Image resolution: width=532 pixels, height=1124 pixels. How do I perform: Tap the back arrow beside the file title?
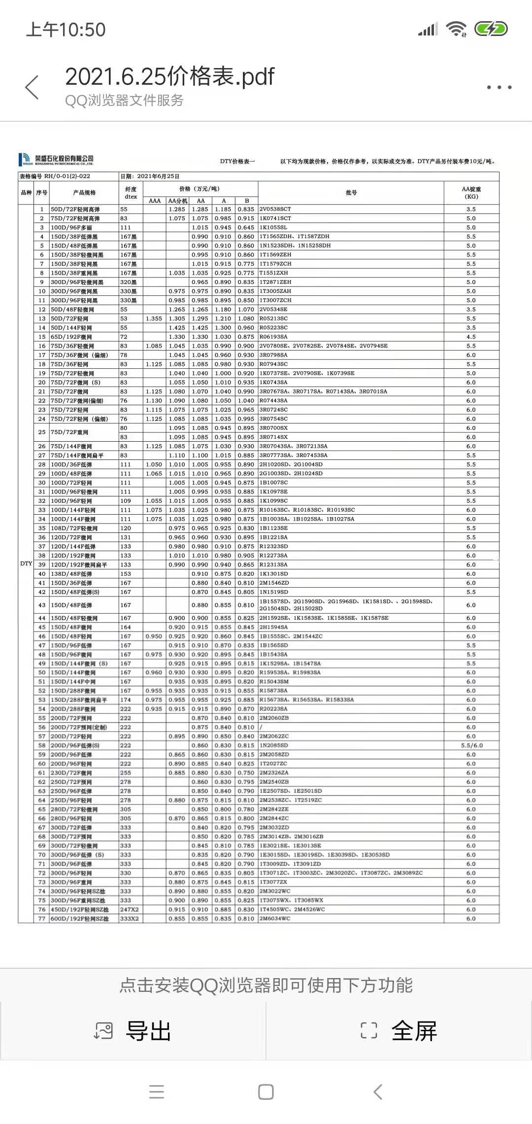click(32, 87)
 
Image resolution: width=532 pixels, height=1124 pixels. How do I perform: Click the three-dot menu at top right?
click(499, 87)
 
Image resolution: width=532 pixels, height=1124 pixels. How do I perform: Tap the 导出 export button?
click(133, 1031)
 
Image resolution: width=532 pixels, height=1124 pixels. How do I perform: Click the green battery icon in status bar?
click(491, 30)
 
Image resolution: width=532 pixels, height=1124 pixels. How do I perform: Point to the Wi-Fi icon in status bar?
click(456, 30)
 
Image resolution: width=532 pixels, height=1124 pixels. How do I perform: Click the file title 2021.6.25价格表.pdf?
click(169, 77)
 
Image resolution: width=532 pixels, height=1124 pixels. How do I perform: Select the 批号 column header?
click(351, 193)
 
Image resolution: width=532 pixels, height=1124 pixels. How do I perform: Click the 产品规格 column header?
click(84, 193)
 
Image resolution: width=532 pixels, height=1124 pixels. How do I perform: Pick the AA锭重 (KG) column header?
click(471, 193)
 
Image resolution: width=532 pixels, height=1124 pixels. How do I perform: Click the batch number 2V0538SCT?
click(275, 209)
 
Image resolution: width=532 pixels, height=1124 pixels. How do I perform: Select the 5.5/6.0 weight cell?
click(471, 745)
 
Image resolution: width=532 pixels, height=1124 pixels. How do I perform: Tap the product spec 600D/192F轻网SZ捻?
click(79, 918)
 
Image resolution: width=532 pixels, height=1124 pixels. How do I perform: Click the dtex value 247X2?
click(129, 910)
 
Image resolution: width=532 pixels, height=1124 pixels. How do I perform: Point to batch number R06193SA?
click(273, 337)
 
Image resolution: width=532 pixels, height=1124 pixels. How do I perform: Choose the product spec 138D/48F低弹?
click(71, 574)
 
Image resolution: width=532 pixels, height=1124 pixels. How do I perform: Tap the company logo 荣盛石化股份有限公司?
click(56, 159)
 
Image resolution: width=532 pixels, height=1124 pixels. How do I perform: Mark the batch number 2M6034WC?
click(275, 918)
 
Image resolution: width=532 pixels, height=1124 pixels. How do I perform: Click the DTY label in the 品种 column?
click(26, 563)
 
